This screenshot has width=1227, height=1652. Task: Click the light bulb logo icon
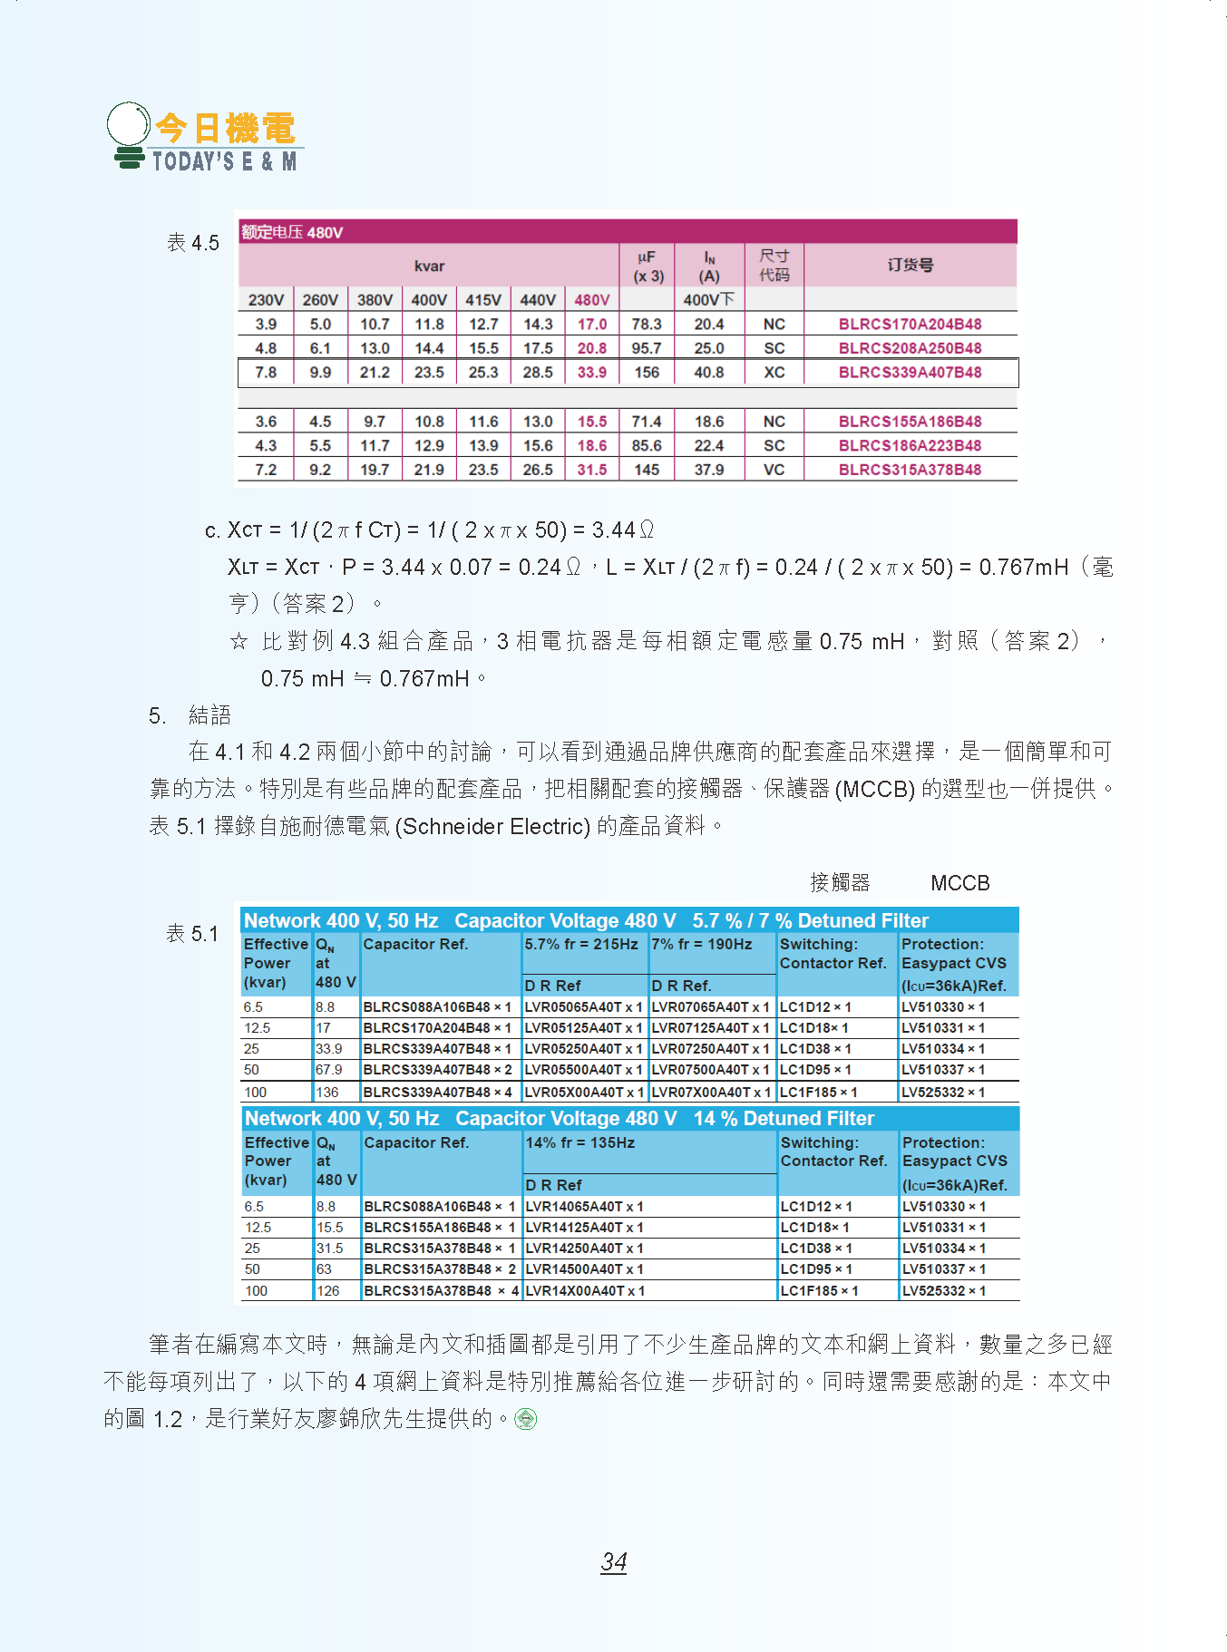[x=129, y=134]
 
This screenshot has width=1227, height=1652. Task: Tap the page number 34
[x=614, y=1561]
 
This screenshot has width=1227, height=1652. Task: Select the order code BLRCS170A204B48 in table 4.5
[x=910, y=324]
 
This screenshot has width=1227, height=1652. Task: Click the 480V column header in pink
[x=591, y=300]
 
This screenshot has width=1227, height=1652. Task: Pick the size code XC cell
[x=774, y=372]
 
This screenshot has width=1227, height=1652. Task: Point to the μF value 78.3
[x=647, y=324]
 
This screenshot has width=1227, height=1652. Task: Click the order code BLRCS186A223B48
[x=910, y=445]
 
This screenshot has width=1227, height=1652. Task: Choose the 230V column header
[x=266, y=300]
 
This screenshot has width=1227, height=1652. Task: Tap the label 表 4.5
[x=193, y=243]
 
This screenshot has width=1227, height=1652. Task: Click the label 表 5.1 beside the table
[x=192, y=934]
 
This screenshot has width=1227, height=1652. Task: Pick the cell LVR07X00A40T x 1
[x=711, y=1093]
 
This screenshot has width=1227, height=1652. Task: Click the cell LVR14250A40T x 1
[x=584, y=1249]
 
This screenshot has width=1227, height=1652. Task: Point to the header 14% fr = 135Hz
[x=580, y=1142]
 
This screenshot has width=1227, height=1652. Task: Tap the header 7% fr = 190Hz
[x=702, y=944]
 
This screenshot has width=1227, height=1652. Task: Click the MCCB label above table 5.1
[x=959, y=883]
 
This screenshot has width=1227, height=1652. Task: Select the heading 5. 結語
[x=190, y=715]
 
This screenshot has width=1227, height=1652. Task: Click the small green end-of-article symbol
[x=526, y=1419]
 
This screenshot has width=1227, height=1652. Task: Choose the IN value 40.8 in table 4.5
[x=708, y=372]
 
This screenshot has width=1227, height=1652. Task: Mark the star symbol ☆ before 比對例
[x=239, y=642]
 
